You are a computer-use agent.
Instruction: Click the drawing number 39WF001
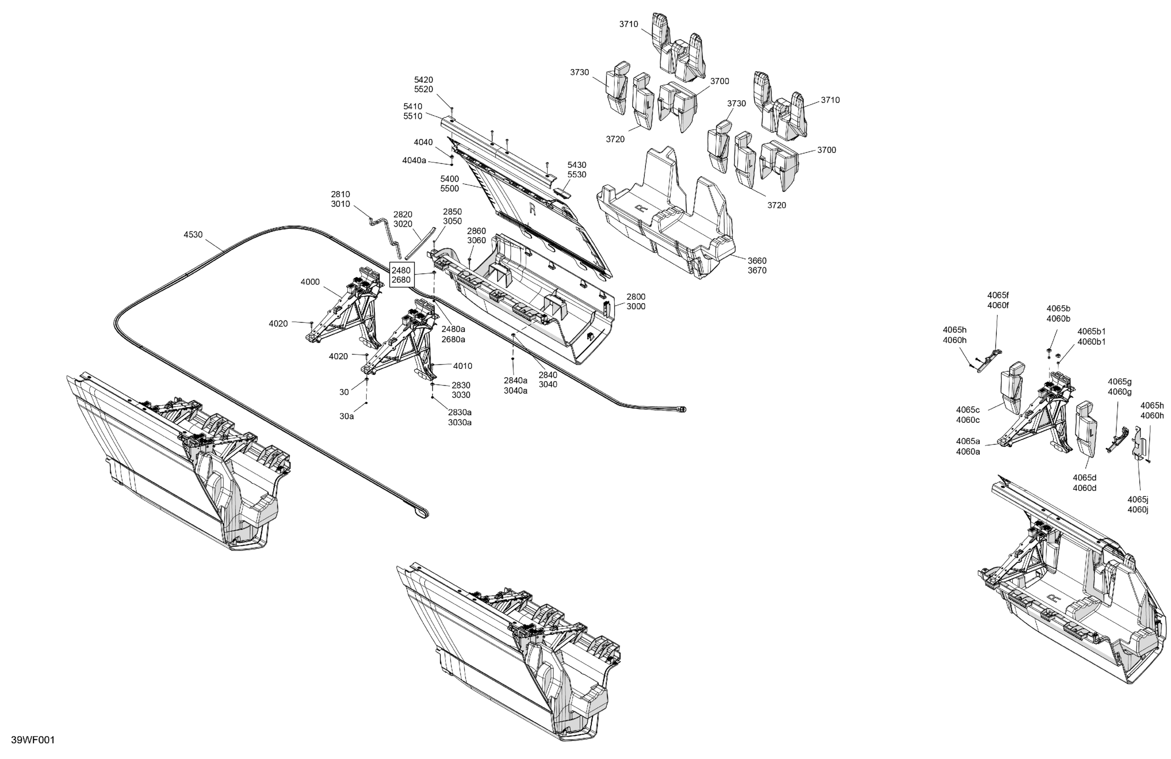(x=33, y=740)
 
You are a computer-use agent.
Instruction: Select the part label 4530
(x=193, y=235)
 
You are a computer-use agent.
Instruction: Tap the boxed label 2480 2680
(x=401, y=275)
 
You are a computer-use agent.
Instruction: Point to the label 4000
(x=310, y=282)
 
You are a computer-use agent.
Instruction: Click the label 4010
(x=463, y=366)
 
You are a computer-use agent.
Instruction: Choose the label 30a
(x=347, y=416)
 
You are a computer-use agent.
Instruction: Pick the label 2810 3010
(x=340, y=199)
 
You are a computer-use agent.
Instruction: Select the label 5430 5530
(x=577, y=170)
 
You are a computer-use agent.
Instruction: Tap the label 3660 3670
(x=757, y=266)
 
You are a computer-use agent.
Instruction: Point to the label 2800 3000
(x=636, y=301)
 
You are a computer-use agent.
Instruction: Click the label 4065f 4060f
(x=998, y=300)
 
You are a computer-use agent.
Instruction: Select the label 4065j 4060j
(x=1138, y=505)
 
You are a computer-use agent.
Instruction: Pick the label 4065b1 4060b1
(x=1092, y=337)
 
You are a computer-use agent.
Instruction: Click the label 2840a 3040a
(x=515, y=386)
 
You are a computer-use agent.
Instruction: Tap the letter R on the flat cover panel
(x=532, y=209)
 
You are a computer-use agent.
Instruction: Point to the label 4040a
(x=414, y=160)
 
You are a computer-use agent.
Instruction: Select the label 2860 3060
(x=476, y=236)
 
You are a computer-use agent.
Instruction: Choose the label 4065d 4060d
(x=1084, y=483)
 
